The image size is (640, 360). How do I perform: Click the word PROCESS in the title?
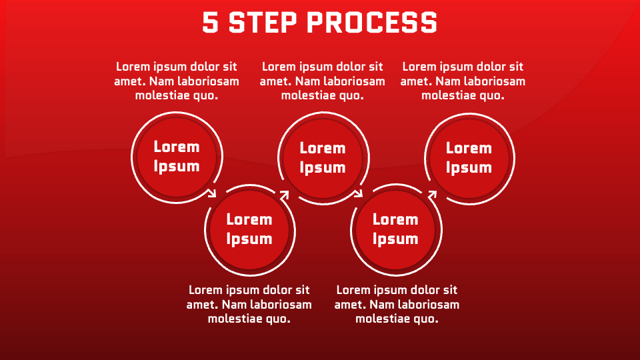point(371,22)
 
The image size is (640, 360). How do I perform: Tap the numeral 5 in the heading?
point(211,22)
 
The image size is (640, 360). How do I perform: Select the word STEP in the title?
point(262,22)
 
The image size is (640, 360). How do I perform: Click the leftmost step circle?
point(177,157)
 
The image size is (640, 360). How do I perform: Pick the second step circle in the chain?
point(249,229)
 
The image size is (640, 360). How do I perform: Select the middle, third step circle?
point(323,158)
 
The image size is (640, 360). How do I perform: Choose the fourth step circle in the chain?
point(395,229)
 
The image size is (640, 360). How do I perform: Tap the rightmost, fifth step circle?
point(469,158)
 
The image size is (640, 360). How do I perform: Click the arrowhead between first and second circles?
point(213,194)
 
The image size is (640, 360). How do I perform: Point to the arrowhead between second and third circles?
point(285,195)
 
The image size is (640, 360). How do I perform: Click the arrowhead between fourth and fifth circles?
point(432,195)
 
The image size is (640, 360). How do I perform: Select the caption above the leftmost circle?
point(177,81)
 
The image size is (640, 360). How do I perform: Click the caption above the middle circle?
point(323,81)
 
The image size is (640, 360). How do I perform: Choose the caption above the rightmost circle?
point(463,81)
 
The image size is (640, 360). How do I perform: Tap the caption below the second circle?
point(249,304)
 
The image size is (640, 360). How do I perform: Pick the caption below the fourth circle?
point(397,304)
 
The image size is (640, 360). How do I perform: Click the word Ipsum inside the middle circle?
point(323,167)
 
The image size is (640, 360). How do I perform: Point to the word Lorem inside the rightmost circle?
point(469,148)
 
